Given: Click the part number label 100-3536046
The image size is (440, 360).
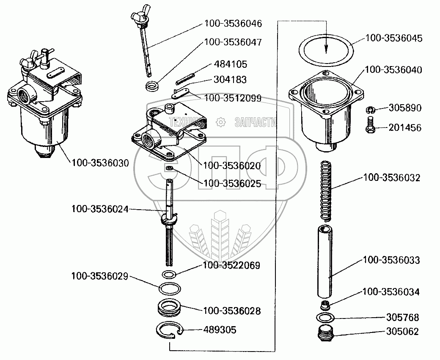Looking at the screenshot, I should coord(233,24).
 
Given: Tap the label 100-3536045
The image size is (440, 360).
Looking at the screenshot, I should coord(393,38).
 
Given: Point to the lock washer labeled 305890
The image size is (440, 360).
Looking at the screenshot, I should coord(369,110).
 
